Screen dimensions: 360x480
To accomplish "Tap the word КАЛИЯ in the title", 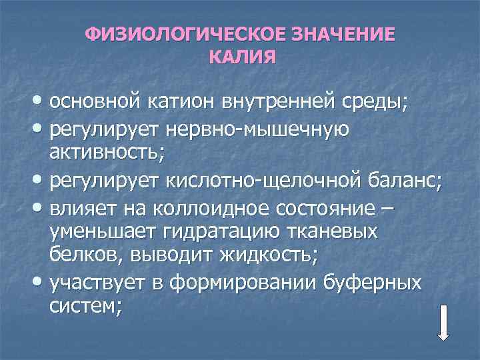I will (241, 57).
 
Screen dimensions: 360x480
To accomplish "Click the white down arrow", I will (444, 323).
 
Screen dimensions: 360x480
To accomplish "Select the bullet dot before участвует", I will (35, 282).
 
